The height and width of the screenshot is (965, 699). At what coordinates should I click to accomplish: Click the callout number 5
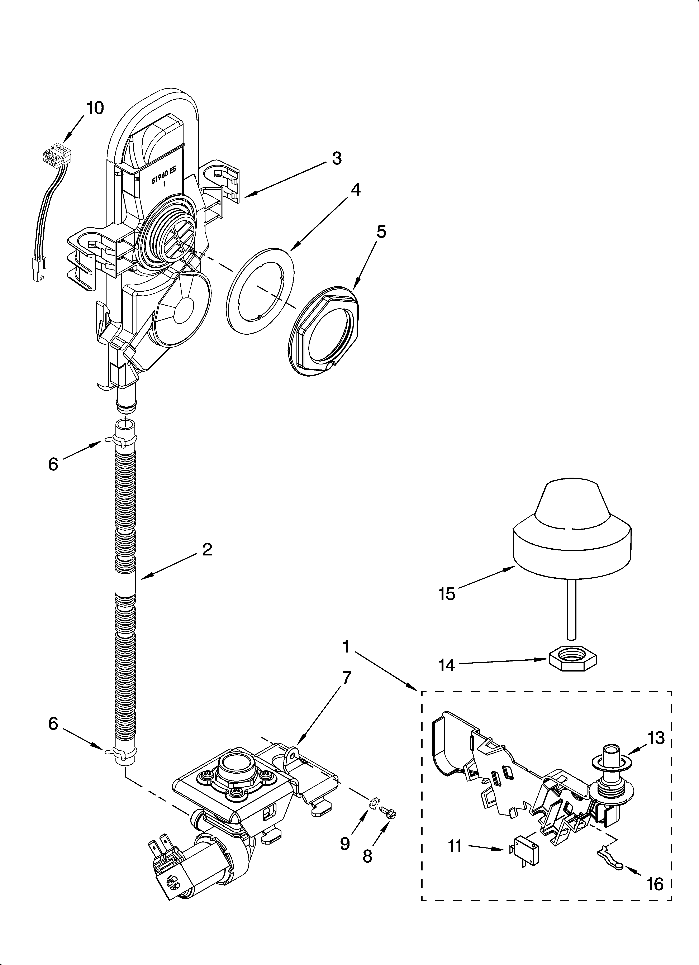click(381, 232)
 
